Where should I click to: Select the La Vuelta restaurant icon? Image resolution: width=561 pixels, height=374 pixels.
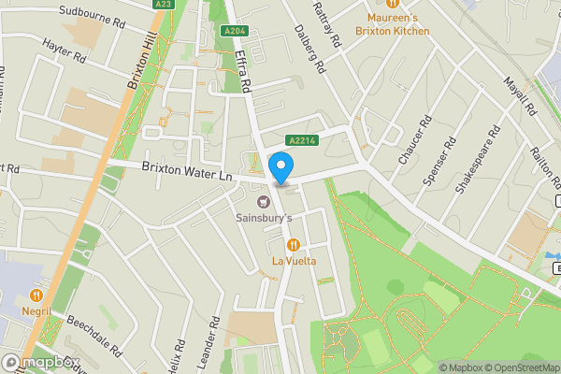click(293, 245)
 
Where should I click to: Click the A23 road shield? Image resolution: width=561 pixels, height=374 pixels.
click(164, 4)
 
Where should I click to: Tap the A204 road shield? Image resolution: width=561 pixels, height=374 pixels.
click(235, 31)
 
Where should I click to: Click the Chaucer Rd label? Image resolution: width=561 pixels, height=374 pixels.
click(414, 142)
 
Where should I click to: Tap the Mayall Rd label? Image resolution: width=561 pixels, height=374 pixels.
click(518, 96)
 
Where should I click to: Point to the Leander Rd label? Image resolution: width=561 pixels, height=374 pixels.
click(213, 341)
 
